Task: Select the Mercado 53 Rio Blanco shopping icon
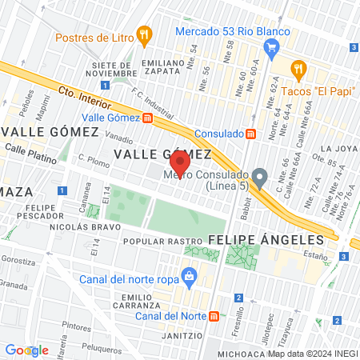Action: point(271,47)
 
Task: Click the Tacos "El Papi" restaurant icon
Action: point(299,69)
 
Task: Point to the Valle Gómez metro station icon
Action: point(147,118)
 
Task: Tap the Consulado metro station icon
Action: point(250,134)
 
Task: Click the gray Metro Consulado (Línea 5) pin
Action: point(258,175)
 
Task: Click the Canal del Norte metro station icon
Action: point(214,315)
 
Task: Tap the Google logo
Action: point(26,350)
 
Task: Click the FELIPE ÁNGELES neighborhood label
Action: point(266,239)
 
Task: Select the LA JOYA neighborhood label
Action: point(336,149)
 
